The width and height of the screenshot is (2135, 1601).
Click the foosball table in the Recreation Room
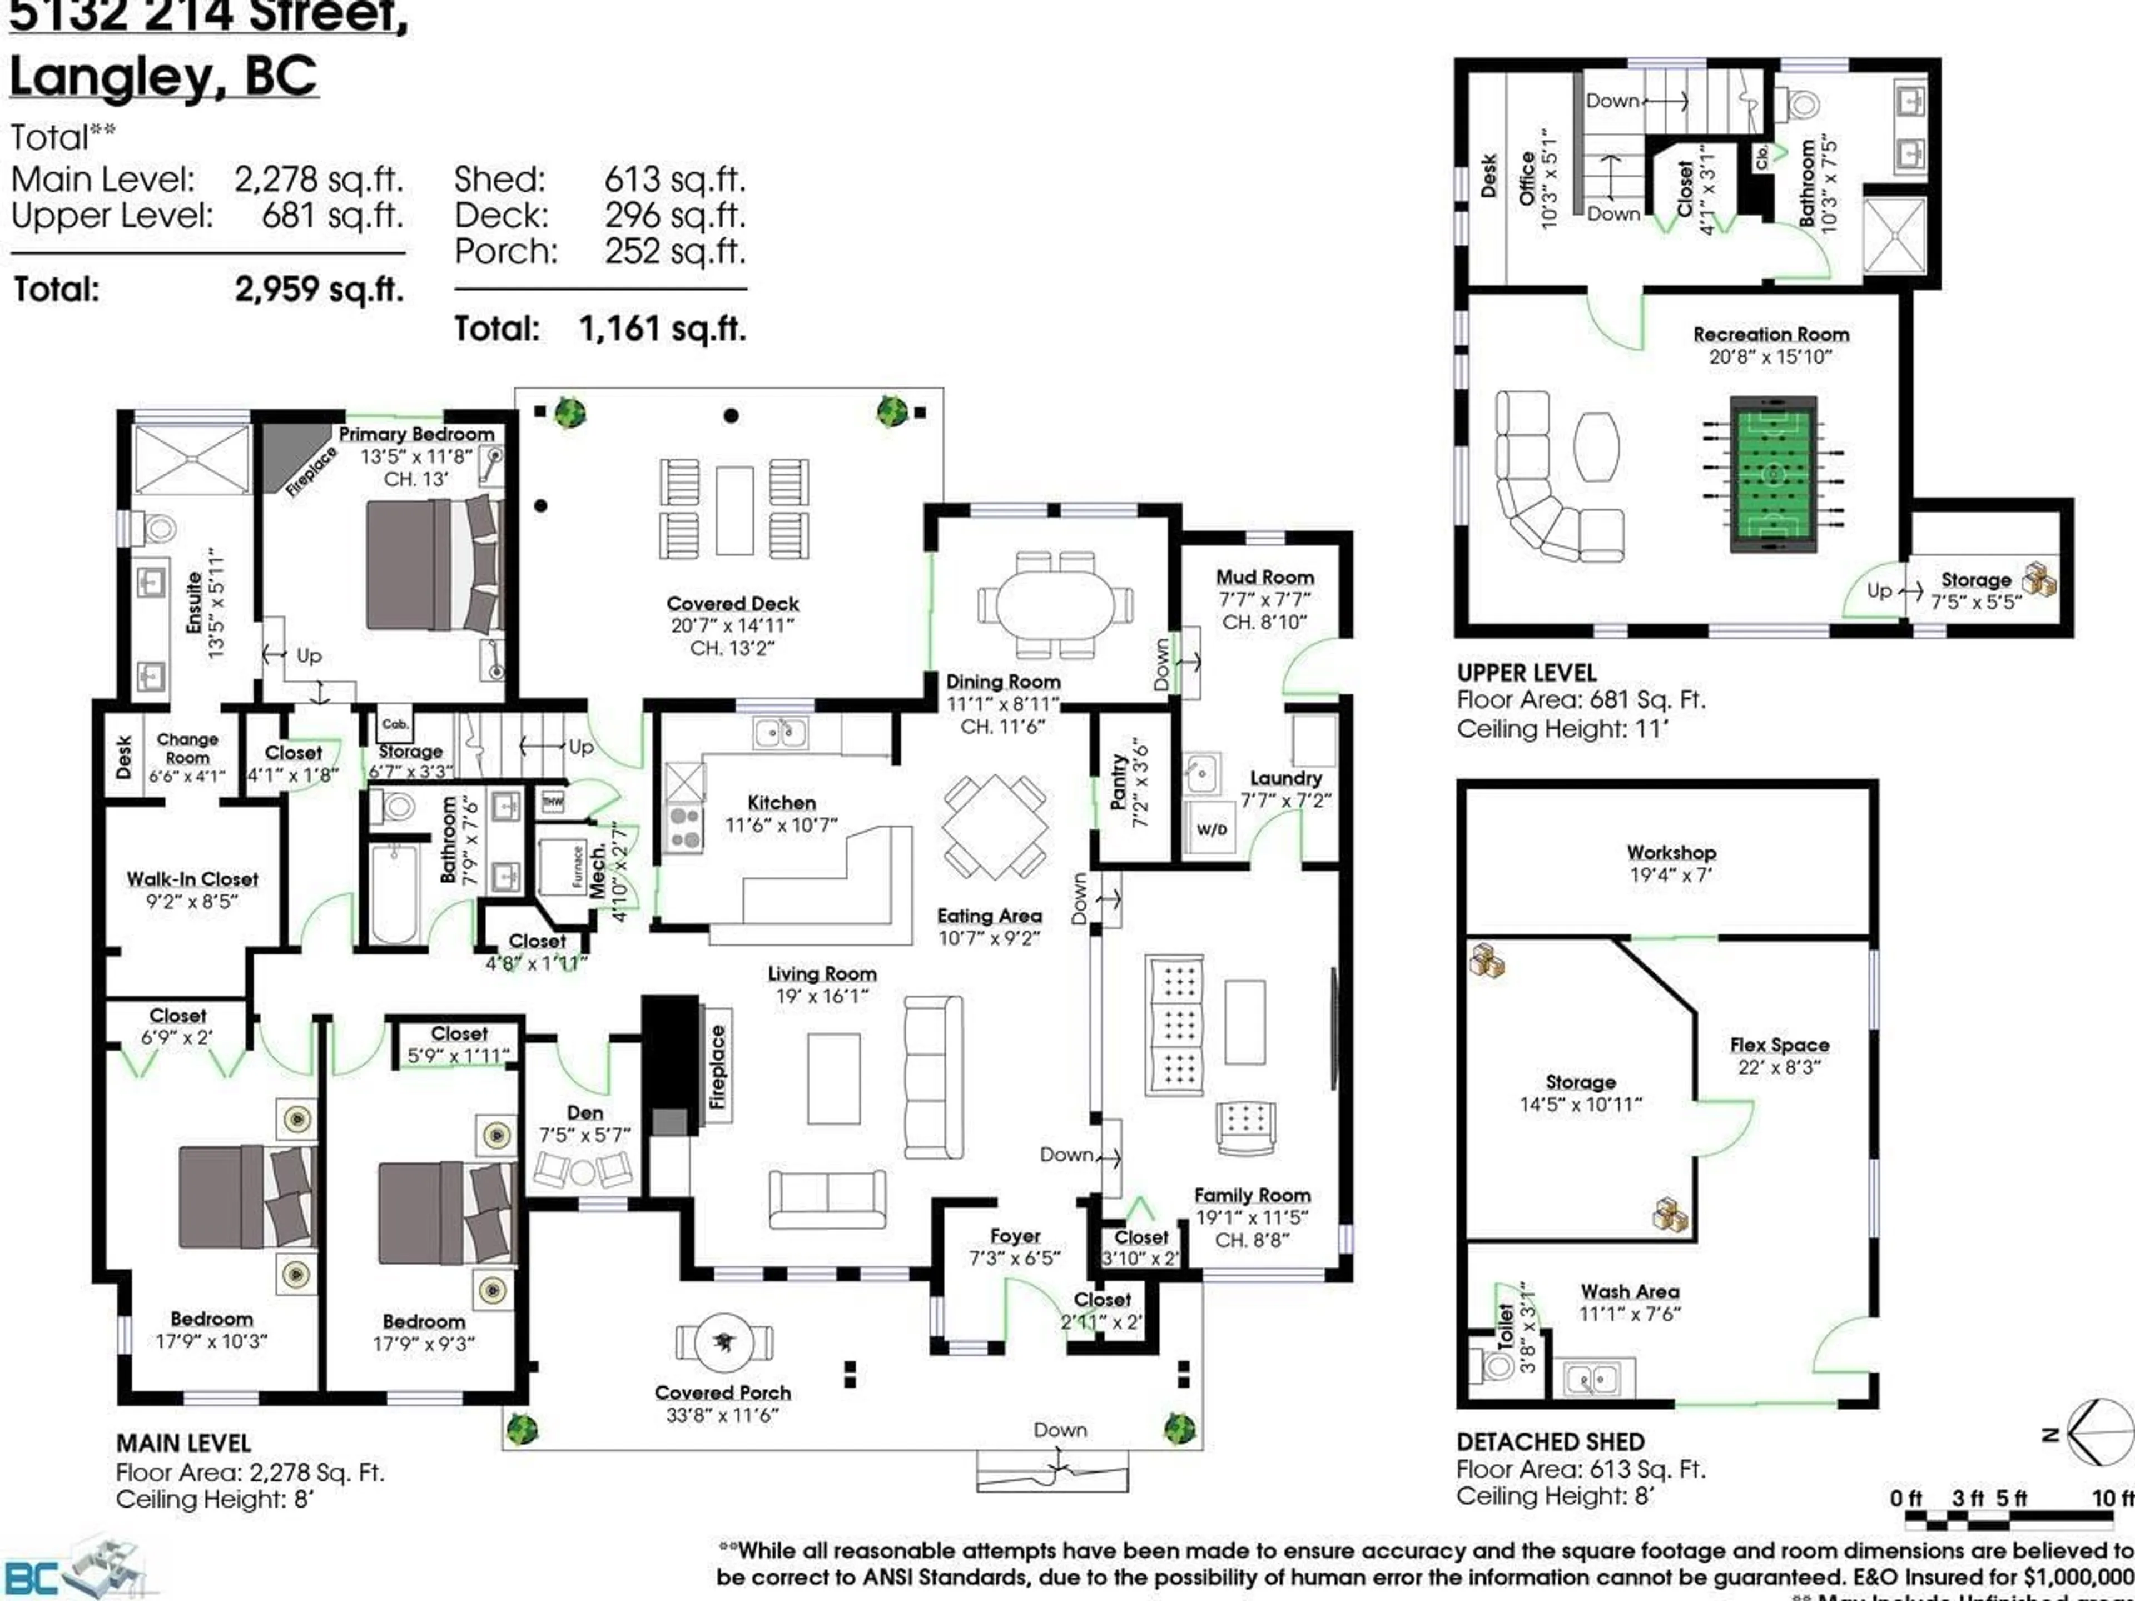1774,474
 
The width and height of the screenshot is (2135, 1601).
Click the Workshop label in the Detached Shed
1671,852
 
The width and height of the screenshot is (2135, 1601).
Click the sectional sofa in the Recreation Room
1546,483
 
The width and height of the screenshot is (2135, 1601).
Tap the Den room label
585,1113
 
